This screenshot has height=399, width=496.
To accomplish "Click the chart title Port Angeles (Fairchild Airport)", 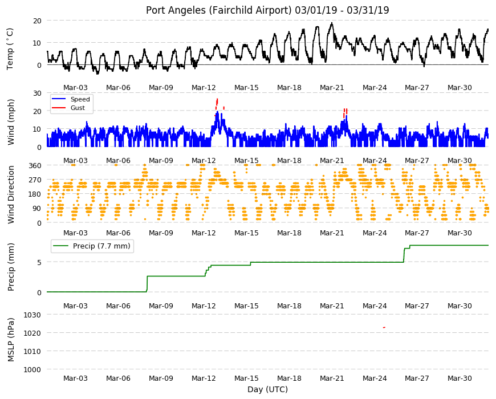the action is click(x=218, y=10).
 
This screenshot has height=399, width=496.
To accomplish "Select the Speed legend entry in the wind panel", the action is click(x=71, y=99).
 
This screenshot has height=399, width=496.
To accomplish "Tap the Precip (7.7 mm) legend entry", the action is click(x=92, y=246).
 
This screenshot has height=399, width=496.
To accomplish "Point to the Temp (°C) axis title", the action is click(x=10, y=49).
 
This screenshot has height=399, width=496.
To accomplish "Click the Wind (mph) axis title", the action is click(x=11, y=122).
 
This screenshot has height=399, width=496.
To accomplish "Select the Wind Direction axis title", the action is click(x=11, y=195).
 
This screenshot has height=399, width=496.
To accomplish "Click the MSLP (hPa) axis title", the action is click(x=11, y=340).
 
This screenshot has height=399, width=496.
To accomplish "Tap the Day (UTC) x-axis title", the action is click(x=267, y=389).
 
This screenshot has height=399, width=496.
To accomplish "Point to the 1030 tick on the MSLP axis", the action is click(x=32, y=315).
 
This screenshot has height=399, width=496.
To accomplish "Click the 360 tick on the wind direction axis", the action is click(x=35, y=166).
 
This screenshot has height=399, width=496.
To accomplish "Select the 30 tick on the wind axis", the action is click(x=37, y=93).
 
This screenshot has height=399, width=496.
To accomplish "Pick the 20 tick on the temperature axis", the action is click(x=37, y=21).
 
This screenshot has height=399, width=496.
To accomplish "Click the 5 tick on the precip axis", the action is click(x=39, y=262).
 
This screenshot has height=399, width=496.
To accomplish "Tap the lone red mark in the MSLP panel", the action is click(x=384, y=328).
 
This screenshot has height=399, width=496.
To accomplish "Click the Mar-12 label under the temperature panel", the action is click(x=204, y=88).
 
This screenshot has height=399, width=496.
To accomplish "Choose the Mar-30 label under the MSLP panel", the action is click(x=460, y=378).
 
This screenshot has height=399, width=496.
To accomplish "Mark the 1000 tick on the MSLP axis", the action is click(x=32, y=369).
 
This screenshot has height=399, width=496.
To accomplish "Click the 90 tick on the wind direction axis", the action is click(x=37, y=209).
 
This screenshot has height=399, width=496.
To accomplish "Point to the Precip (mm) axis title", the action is click(x=11, y=267).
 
